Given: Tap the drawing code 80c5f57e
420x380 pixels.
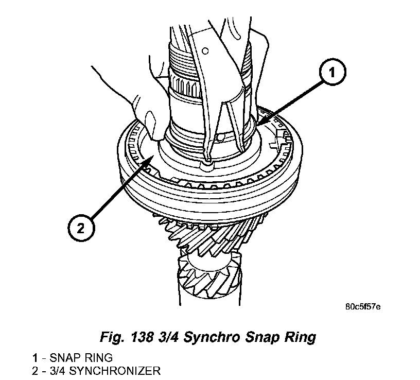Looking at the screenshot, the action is coord(363,307).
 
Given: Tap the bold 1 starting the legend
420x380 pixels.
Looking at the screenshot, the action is coord(34,357).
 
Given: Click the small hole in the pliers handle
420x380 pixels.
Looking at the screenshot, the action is coord(205,50).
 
